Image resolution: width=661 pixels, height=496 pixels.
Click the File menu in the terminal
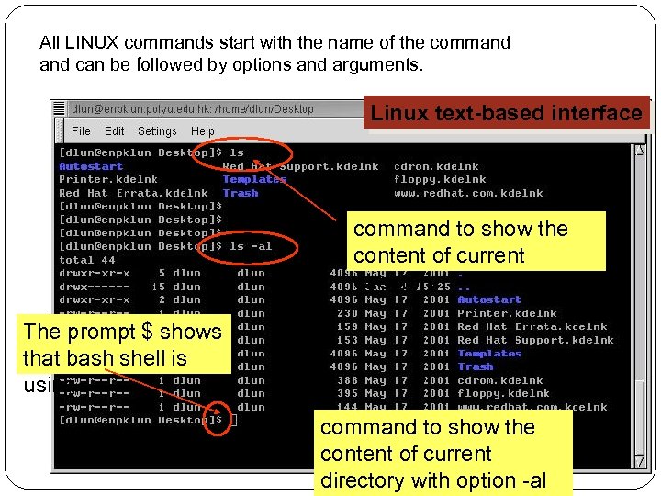coord(81,131)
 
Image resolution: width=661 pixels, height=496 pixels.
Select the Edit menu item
coord(115,131)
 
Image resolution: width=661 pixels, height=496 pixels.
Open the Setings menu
coord(157,131)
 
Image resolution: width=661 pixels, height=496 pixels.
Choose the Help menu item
coord(203,131)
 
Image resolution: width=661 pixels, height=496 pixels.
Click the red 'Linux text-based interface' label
coord(506,113)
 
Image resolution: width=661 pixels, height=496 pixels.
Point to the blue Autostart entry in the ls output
coord(91,166)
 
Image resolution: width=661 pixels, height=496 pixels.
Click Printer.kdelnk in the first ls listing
coord(107,180)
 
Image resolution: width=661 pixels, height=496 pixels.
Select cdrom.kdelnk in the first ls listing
coord(436,166)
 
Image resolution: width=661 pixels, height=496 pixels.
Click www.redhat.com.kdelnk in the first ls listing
coord(468,193)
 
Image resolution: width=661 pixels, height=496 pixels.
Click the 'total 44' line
coord(87,260)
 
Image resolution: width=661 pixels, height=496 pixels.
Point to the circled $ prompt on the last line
coord(218,421)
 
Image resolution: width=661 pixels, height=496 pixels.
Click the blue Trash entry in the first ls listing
coord(241,193)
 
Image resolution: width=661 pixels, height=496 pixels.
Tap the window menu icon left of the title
coord(60,108)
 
